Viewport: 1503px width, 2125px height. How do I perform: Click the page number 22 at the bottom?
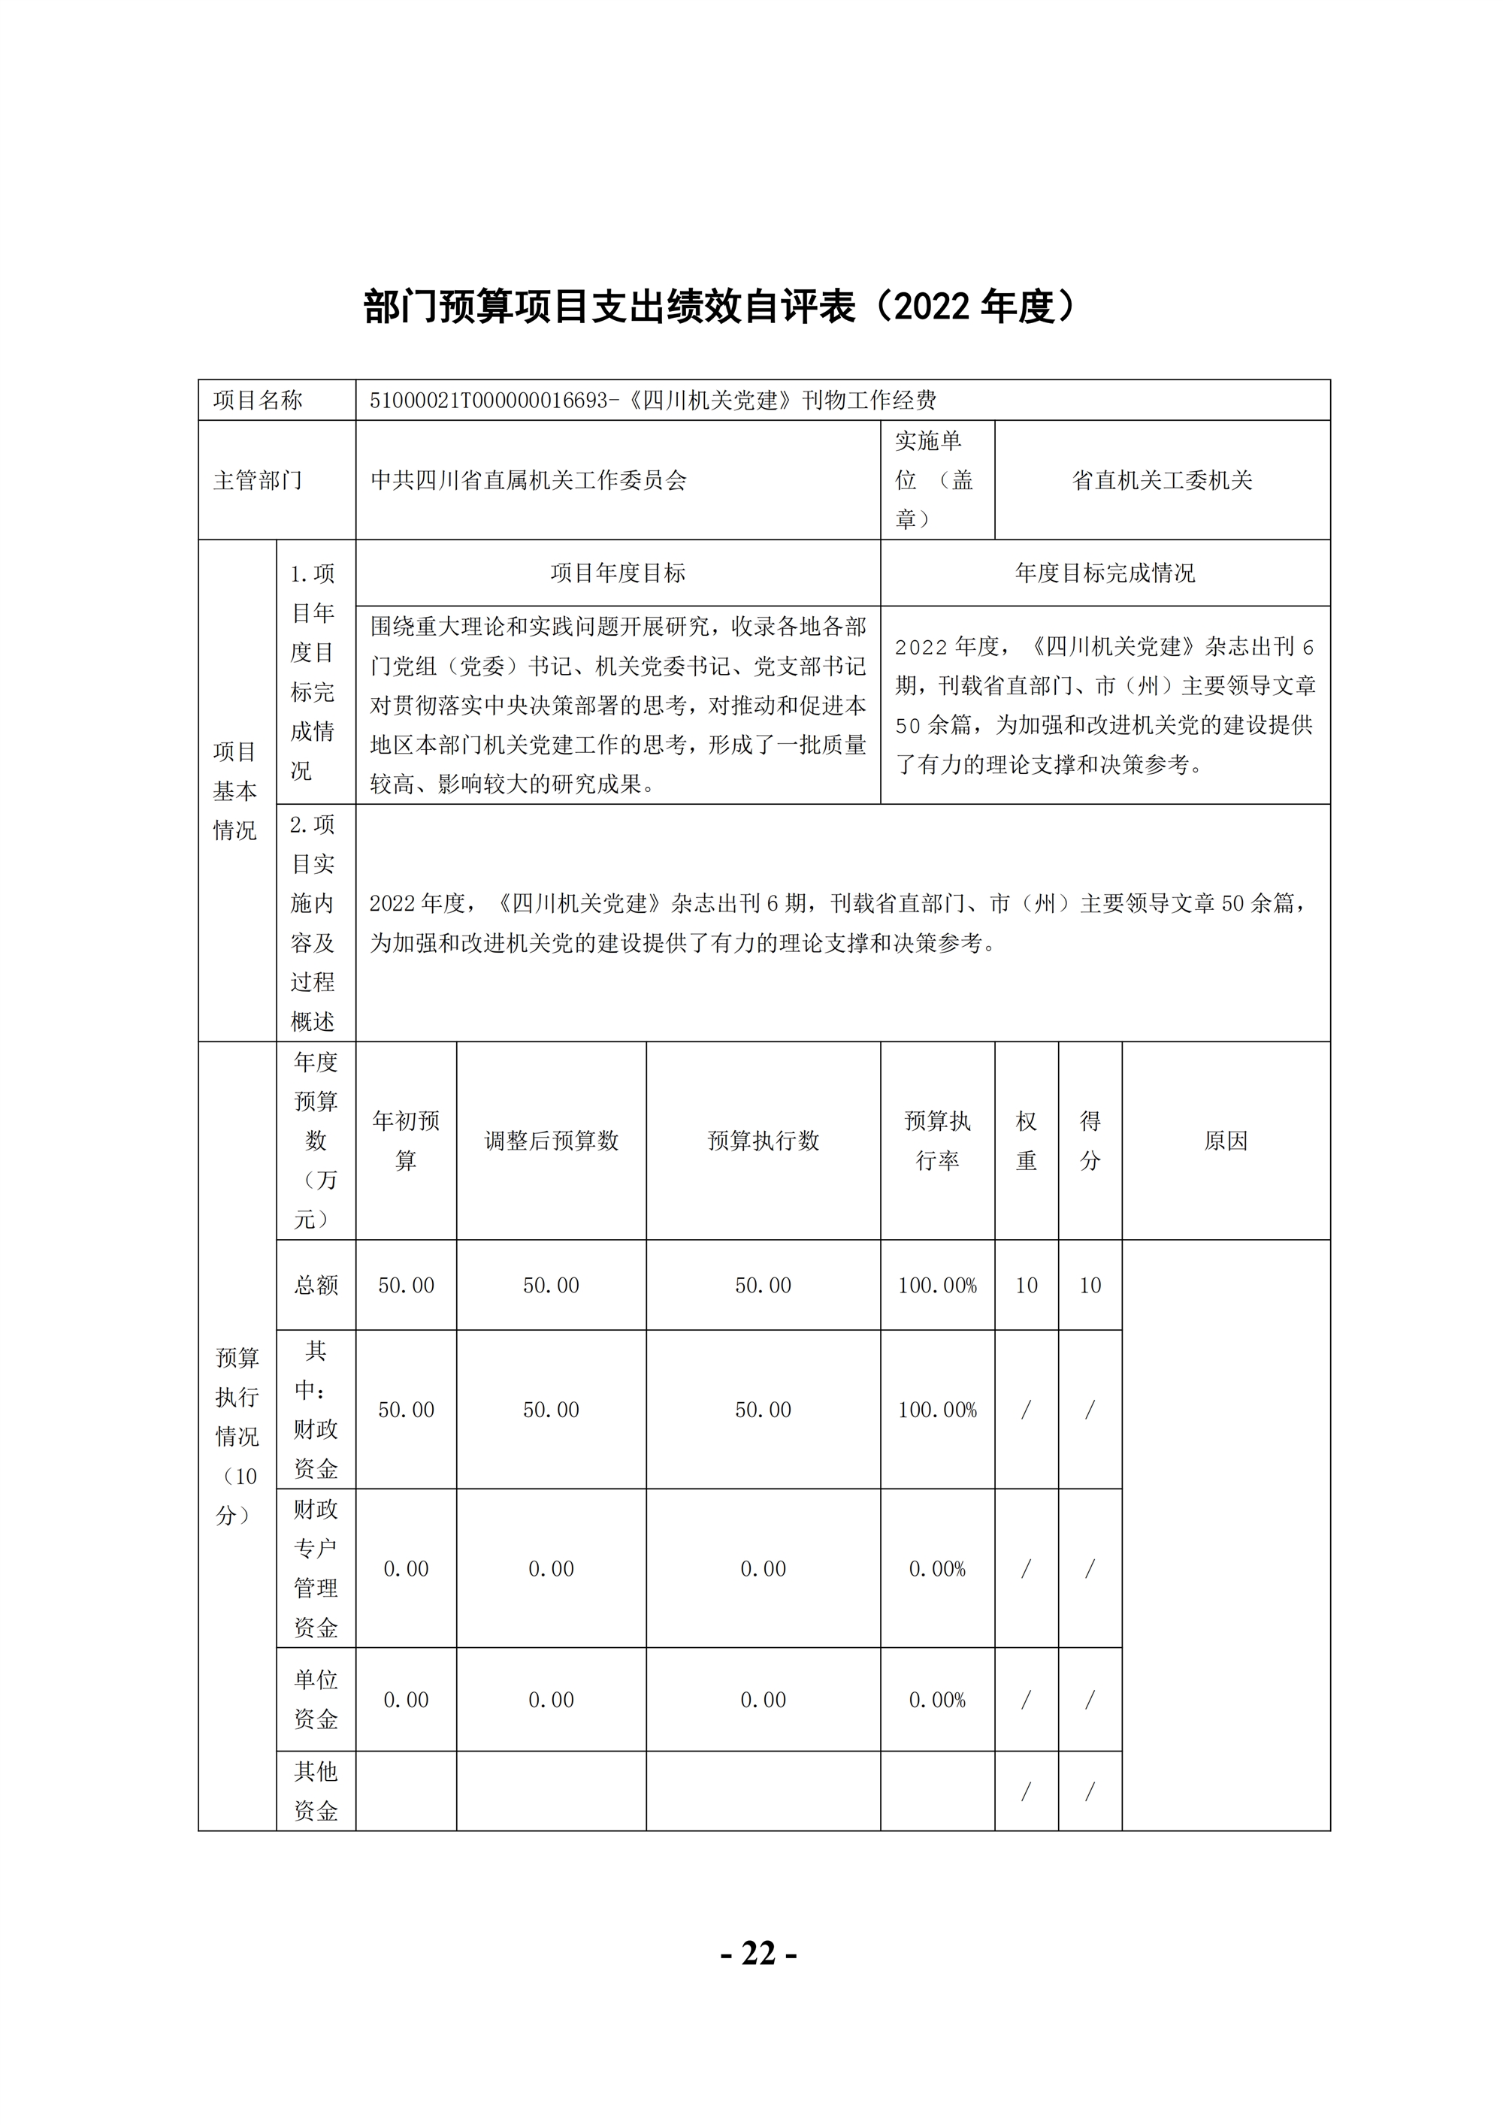pos(758,1953)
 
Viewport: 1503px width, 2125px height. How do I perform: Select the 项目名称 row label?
pos(259,400)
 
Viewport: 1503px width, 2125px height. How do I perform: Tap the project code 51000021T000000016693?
pos(488,400)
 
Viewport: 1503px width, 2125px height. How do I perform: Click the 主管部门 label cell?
pos(259,480)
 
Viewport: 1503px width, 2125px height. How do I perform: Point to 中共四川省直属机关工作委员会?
pos(528,480)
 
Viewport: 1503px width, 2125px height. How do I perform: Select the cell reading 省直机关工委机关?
pos(1162,480)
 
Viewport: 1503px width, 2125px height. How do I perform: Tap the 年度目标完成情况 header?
pos(1104,573)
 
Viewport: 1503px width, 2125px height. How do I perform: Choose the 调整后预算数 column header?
pos(551,1140)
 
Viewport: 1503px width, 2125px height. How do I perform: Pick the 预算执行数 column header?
pos(763,1140)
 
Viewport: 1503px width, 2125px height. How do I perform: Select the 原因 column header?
pos(1226,1140)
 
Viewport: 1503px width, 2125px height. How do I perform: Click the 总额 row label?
pos(316,1285)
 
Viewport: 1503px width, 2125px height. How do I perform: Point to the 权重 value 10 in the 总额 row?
pos(1027,1285)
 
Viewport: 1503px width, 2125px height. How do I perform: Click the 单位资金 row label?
pos(316,1698)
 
